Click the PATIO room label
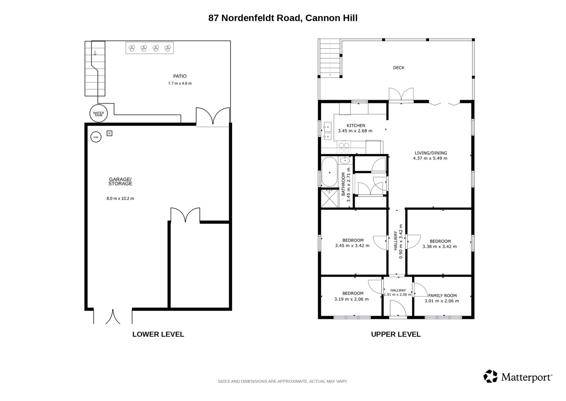coord(180,76)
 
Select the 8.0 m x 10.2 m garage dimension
coord(120,198)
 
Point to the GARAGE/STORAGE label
coord(120,182)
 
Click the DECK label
coord(399,68)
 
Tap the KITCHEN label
coord(356,125)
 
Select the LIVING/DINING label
coord(431,153)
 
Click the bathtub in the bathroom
coord(329,172)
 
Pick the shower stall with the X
coord(329,199)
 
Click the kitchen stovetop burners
coord(344,148)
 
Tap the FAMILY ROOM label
coord(442,296)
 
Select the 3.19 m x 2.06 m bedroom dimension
coord(352,299)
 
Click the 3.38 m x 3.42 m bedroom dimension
coord(440,247)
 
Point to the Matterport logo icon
coord(490,376)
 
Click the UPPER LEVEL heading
coord(396,334)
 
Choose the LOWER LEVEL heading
coord(158,334)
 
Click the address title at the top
coord(283,18)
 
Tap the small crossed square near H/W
coord(109,133)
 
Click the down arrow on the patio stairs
coord(95,53)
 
